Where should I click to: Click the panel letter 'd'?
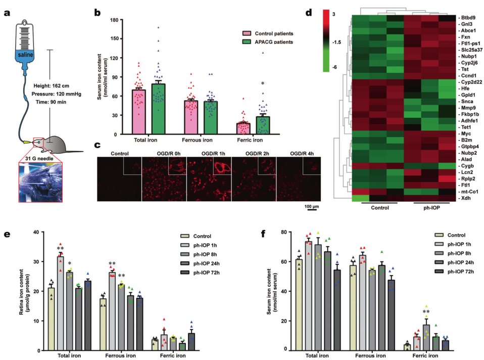309,11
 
